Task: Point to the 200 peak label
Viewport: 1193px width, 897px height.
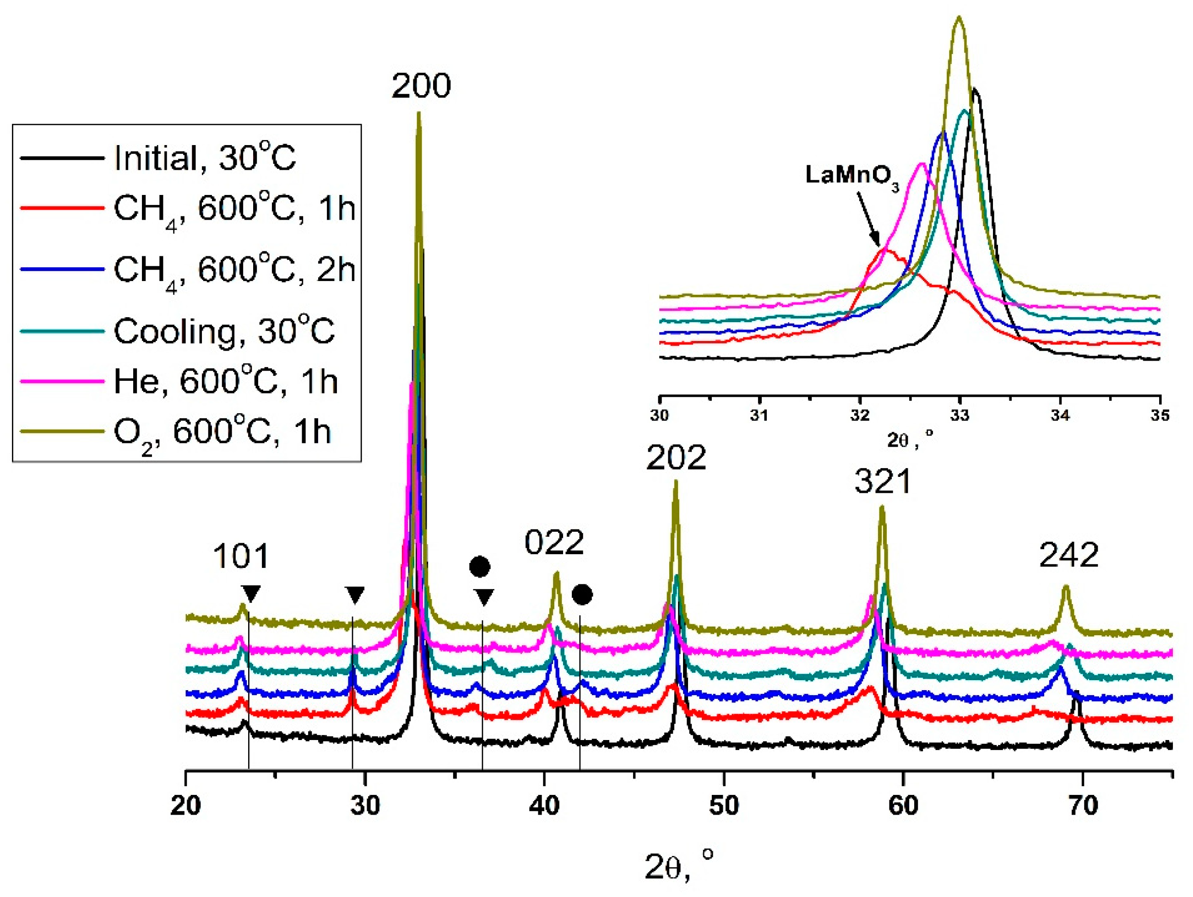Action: pos(421,86)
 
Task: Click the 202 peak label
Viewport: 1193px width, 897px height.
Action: pos(676,458)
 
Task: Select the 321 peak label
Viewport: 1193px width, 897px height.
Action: pos(882,481)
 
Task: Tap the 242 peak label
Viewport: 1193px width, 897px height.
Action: pos(1068,555)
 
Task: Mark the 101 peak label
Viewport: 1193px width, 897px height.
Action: pos(240,557)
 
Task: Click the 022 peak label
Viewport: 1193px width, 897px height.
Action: pos(554,542)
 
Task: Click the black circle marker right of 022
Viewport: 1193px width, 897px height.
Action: pos(582,595)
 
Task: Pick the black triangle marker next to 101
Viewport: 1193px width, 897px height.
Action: pos(251,594)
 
